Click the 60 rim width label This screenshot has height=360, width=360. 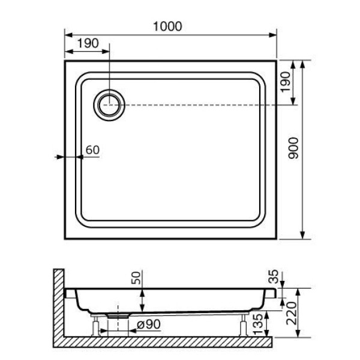coord(92,150)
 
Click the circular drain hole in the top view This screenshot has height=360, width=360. coord(109,104)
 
